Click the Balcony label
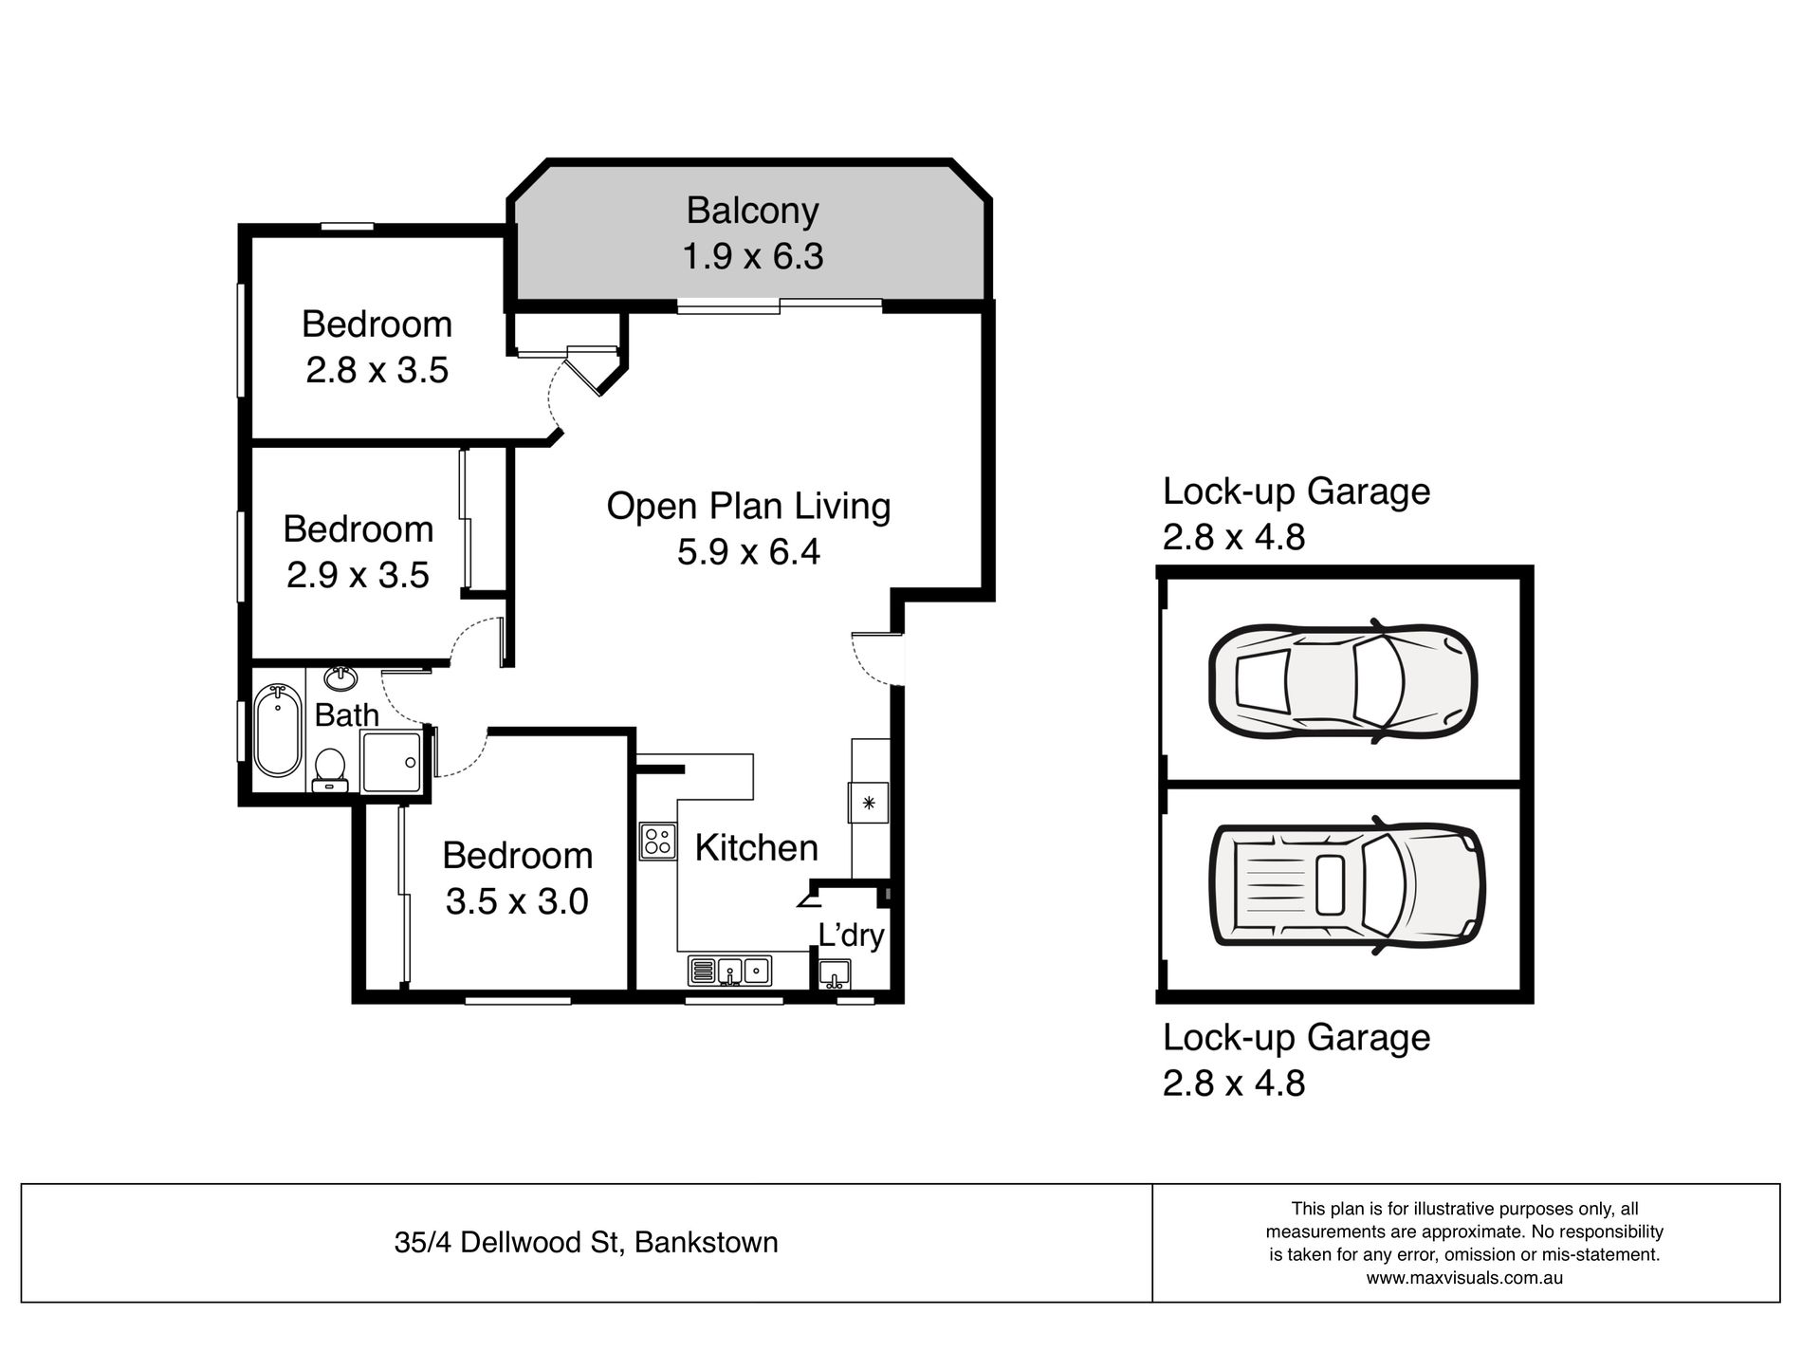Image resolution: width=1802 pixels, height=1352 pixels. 752,212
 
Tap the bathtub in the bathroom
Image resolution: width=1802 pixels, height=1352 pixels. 278,730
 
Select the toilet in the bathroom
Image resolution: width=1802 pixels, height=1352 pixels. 330,769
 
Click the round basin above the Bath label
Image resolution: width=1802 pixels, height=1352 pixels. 340,678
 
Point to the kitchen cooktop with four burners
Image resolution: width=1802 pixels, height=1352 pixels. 657,841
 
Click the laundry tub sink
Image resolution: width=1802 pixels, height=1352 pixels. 835,973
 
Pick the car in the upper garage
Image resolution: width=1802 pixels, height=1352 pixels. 1343,680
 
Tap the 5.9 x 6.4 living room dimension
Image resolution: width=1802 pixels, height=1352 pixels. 748,551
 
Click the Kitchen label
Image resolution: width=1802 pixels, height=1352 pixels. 756,847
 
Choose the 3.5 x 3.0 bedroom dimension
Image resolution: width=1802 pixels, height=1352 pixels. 517,900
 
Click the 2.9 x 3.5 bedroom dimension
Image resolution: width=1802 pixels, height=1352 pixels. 358,574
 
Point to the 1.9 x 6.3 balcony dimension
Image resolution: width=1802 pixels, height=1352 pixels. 752,256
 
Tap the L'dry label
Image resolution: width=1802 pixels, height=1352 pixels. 851,935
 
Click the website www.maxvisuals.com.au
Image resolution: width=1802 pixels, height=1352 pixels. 1464,1277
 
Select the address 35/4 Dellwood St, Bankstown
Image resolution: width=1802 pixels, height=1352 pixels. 586,1242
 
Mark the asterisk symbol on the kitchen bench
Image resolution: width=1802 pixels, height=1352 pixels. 868,803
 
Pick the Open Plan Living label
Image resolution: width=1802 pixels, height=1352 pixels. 748,506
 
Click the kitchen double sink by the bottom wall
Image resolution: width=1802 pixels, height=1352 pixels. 729,971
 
